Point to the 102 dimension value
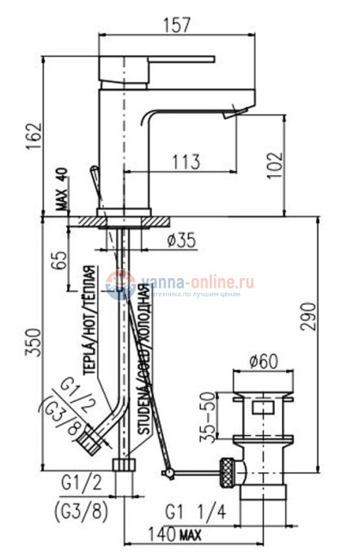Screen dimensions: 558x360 (x=297, y=164)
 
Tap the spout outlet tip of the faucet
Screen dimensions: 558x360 (x=235, y=112)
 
